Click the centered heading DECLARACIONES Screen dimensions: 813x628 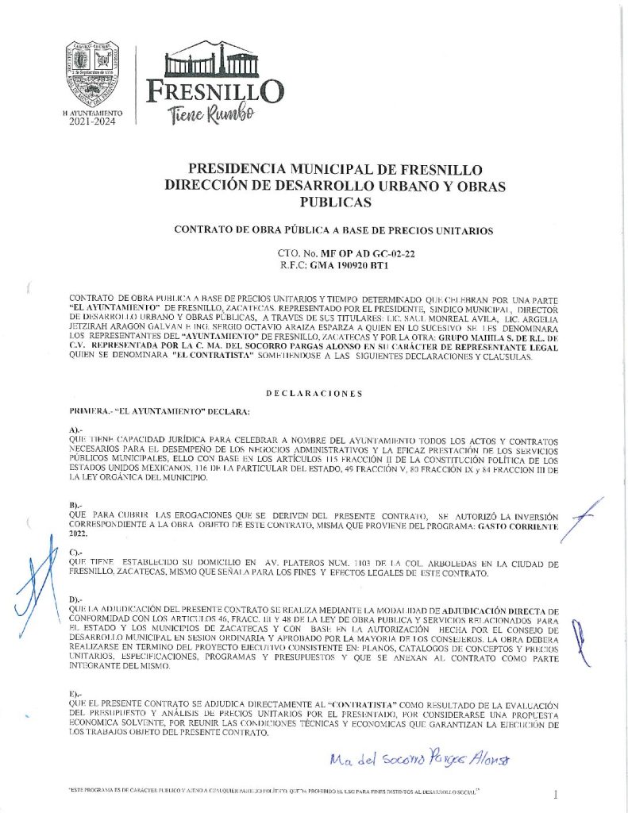tap(314, 393)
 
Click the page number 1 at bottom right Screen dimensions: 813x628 tap(556, 792)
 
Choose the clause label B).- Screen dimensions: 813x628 tap(77, 504)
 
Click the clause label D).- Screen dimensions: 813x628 tap(77, 597)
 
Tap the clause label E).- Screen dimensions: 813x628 tap(77, 693)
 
